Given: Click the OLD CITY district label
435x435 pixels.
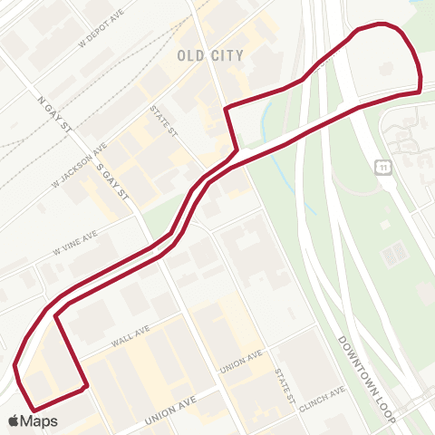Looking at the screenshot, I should coord(209,55).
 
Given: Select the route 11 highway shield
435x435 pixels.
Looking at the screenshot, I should coord(383,168).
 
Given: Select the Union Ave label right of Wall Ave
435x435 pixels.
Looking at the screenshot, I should coord(242,361).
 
